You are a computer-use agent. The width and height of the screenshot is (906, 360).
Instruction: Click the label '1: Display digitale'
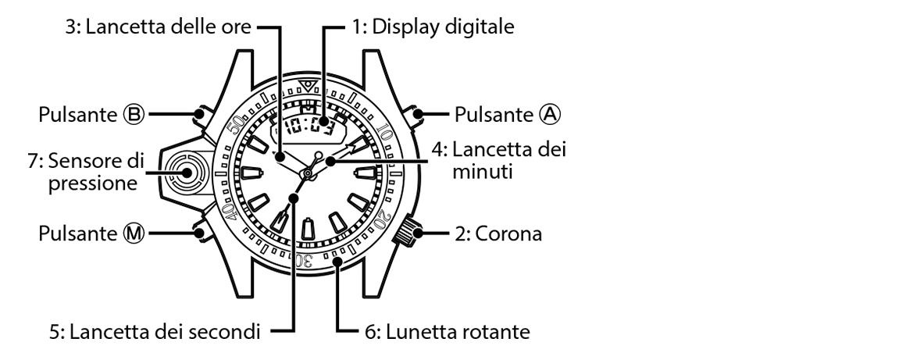coord(433,27)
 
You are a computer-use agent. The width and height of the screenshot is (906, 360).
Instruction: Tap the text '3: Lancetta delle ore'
coord(158,27)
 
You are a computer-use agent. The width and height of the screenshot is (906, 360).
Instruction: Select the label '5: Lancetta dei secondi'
coord(155,332)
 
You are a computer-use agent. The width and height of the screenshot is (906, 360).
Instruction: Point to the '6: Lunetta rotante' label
coord(448,332)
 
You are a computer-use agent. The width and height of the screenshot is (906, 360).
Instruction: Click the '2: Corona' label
coord(498,233)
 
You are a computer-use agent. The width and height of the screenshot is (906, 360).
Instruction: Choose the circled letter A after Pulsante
coord(550,115)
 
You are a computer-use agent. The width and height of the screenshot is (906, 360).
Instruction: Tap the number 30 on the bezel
coord(304,259)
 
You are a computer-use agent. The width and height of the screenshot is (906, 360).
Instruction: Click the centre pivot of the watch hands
coord(308,173)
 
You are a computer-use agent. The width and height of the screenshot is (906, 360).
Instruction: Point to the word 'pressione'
coord(92,184)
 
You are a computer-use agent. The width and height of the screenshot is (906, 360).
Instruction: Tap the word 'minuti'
coord(482,172)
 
